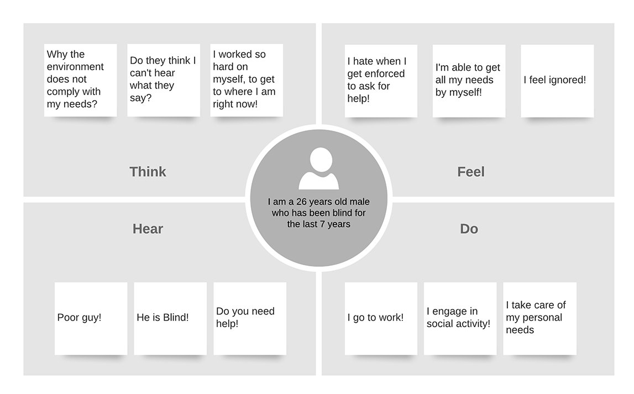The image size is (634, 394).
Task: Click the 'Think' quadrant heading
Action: (x=148, y=172)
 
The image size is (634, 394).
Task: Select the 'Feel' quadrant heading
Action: (x=470, y=172)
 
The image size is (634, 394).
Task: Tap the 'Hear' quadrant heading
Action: (x=148, y=229)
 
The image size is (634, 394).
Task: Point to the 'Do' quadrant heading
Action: (x=469, y=229)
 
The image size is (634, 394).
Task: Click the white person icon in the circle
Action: (x=318, y=169)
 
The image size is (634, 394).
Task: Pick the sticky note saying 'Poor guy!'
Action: (x=91, y=318)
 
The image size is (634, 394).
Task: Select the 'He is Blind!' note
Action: (x=170, y=318)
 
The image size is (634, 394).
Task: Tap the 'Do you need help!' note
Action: (x=250, y=318)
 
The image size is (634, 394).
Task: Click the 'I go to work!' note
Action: (x=381, y=318)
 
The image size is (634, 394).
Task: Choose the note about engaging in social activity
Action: (x=460, y=318)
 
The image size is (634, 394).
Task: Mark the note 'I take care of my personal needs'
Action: (x=539, y=318)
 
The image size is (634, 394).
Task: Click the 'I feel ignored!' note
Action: (x=557, y=81)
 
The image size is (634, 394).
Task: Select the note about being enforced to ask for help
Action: (x=381, y=81)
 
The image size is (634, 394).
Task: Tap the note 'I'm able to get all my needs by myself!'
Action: (x=469, y=81)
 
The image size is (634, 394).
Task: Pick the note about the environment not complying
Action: (x=80, y=80)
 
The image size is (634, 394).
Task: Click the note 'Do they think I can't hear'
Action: (x=164, y=80)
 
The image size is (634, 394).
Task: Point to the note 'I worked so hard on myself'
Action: (x=247, y=80)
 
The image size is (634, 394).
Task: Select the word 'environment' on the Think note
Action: (x=75, y=67)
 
